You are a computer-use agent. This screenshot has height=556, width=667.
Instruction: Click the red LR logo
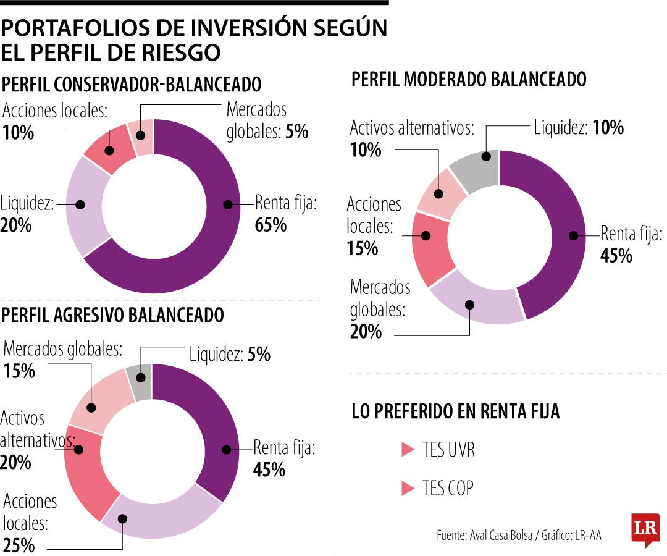click(645, 529)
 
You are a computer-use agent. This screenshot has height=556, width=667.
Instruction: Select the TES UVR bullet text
click(448, 450)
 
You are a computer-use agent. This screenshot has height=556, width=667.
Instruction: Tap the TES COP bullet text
click(448, 488)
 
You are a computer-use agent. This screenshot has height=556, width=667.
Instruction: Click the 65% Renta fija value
click(271, 225)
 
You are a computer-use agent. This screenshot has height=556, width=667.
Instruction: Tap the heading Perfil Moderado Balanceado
click(469, 79)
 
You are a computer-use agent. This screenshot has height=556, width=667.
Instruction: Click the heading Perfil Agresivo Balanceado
click(113, 315)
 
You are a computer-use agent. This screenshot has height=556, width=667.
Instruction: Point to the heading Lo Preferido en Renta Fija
click(456, 412)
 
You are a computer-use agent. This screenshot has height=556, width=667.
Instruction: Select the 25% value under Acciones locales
click(19, 545)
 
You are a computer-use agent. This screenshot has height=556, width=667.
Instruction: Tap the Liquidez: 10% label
click(579, 128)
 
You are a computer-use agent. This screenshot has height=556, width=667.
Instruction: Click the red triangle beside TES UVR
click(407, 450)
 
